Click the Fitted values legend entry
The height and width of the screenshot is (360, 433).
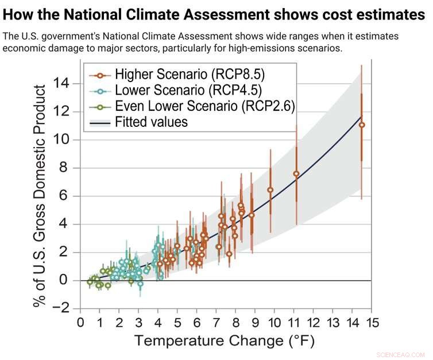pyautogui.click(x=151, y=122)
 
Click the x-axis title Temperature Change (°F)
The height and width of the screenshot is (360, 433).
pyautogui.click(x=225, y=341)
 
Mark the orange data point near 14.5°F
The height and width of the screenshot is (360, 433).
pyautogui.click(x=361, y=125)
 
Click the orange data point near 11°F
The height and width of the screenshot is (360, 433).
pyautogui.click(x=296, y=173)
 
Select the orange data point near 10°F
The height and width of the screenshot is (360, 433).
pyautogui.click(x=270, y=189)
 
